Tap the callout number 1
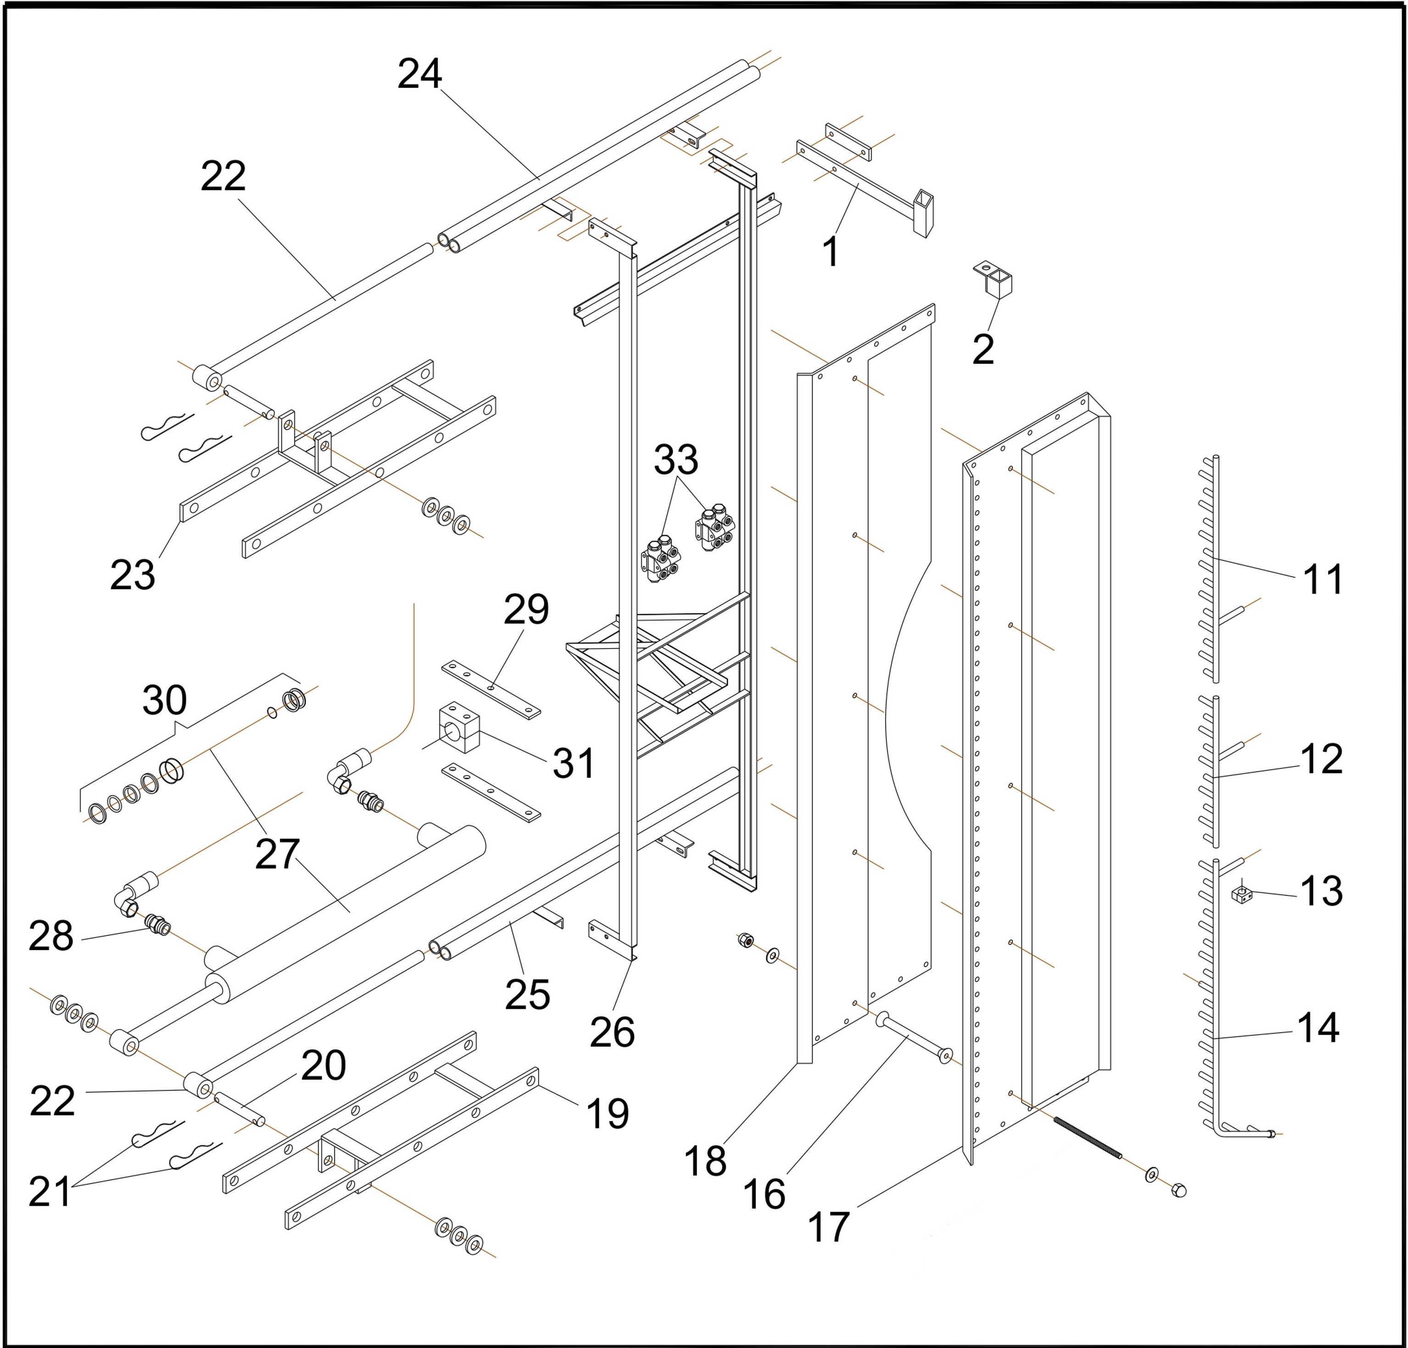[x=831, y=252]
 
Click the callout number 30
[x=165, y=700]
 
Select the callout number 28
[x=50, y=936]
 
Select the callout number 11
[x=1323, y=579]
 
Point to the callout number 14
[x=1318, y=1028]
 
